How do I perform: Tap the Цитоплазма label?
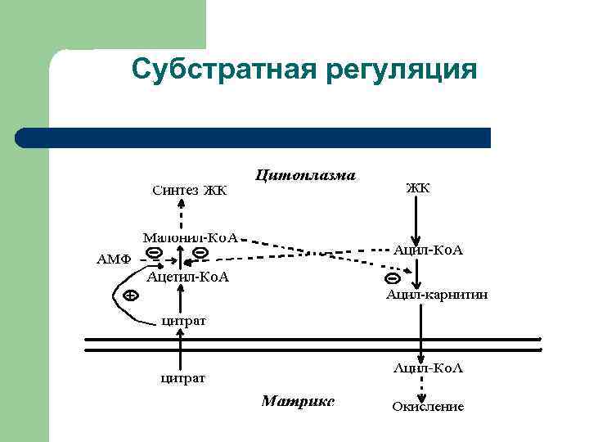[x=306, y=174]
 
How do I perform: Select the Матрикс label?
[x=298, y=401]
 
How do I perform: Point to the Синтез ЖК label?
[x=189, y=191]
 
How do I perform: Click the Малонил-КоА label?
[x=191, y=237]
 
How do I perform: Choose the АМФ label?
[x=115, y=259]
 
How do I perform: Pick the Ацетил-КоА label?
[x=188, y=277]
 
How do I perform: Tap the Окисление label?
[x=428, y=406]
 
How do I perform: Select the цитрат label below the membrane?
[x=182, y=378]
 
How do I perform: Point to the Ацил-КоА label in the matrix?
[x=428, y=369]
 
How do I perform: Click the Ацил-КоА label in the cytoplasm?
[x=429, y=249]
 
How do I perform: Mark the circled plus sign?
[x=128, y=295]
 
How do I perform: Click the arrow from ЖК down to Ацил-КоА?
[x=418, y=217]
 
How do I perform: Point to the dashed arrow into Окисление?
[x=420, y=388]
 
